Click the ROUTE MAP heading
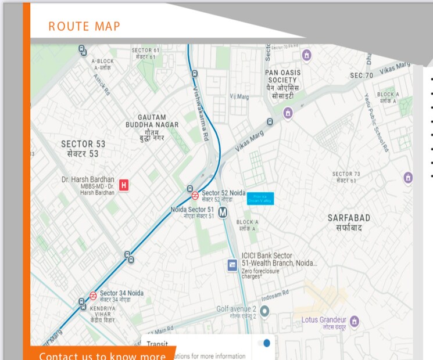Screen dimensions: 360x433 [84, 26]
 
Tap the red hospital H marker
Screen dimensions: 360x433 [123, 185]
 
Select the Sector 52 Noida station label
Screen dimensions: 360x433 [224, 193]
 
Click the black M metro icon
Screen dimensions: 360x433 [223, 213]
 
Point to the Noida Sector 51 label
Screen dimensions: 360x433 [192, 209]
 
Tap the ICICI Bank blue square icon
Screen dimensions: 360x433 [232, 265]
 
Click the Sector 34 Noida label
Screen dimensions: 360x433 [121, 293]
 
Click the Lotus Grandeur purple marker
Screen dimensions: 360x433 [355, 321]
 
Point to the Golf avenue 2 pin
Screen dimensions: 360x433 [264, 312]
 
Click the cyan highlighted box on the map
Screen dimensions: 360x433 [260, 198]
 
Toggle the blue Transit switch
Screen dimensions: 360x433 [265, 343]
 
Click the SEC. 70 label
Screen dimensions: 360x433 [362, 76]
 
